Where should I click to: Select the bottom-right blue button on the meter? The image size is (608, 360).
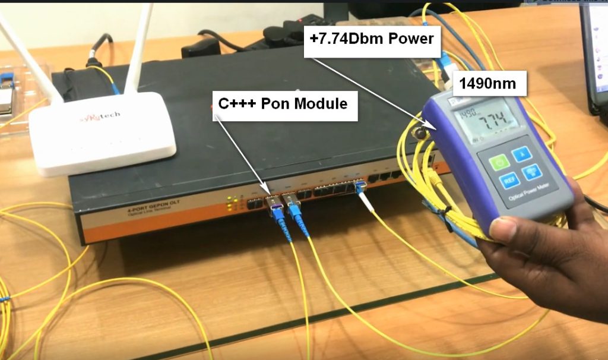(531, 174)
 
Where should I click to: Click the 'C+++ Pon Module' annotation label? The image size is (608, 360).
(283, 103)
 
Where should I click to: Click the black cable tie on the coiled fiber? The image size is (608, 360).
(442, 211)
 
